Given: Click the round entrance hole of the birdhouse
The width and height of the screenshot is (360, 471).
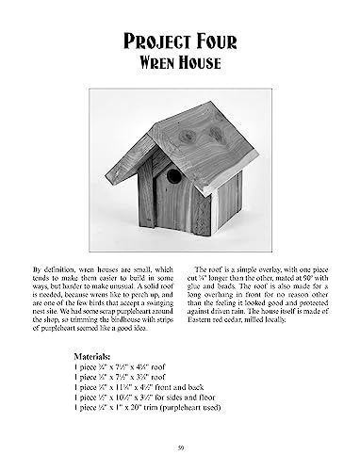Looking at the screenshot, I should (173, 176).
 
